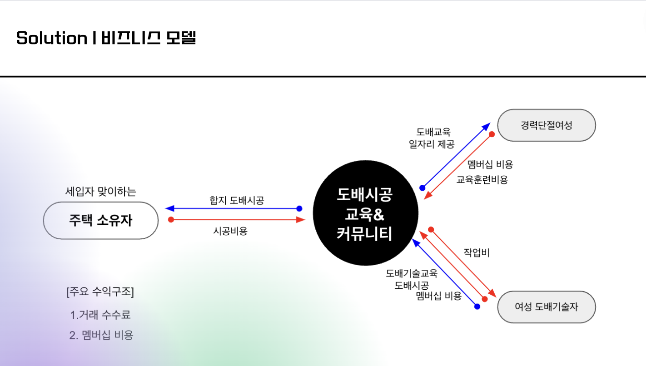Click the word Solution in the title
pos(52,38)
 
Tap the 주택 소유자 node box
pos(101,221)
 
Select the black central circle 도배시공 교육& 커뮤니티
pos(365,213)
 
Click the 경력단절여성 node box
pos(547,125)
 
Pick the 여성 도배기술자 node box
pos(547,307)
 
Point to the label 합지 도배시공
pos(237,200)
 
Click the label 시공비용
pos(230,231)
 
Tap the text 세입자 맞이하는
pos(101,191)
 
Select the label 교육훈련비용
pos(482,179)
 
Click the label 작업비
pos(477,252)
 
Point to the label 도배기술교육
pos(412,273)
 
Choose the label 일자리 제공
pos(432,144)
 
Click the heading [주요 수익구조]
pos(100,292)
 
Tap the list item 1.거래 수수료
pos(100,315)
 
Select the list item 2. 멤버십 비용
pos(101,335)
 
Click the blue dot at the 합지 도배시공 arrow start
pos(299,208)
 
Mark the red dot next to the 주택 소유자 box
pos(171,220)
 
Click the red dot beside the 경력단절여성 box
pos(492,134)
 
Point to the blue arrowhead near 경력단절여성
pos(486,127)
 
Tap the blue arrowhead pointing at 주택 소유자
pos(169,208)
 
